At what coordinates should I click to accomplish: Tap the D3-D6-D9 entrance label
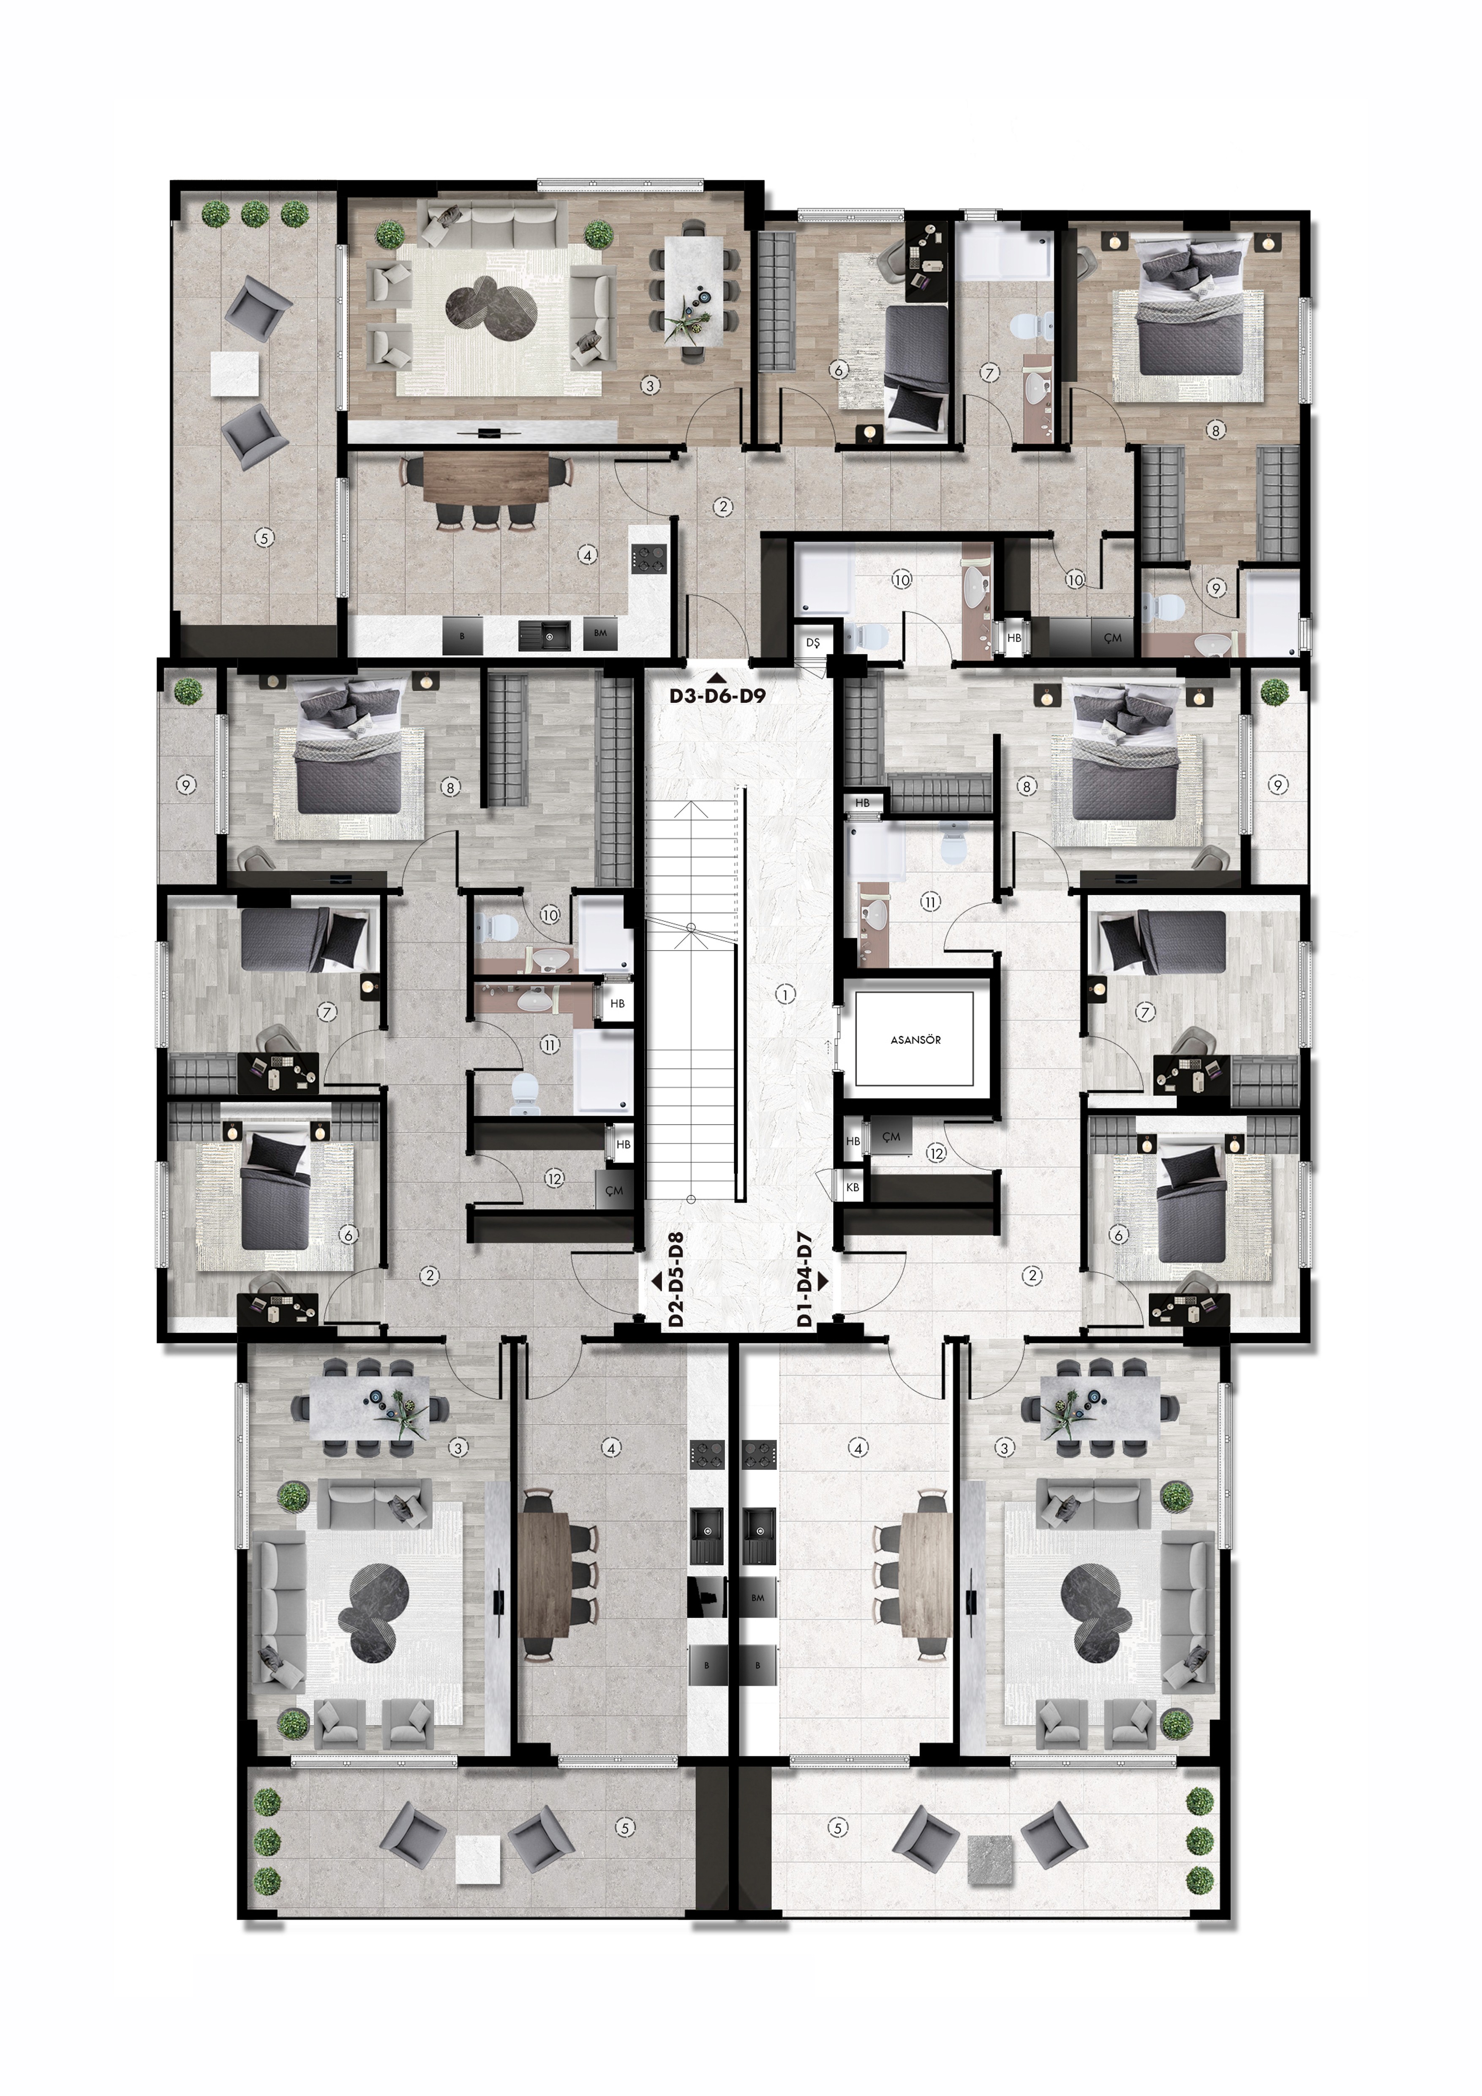coord(717,695)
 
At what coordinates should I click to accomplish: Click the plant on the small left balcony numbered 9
coord(188,690)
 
